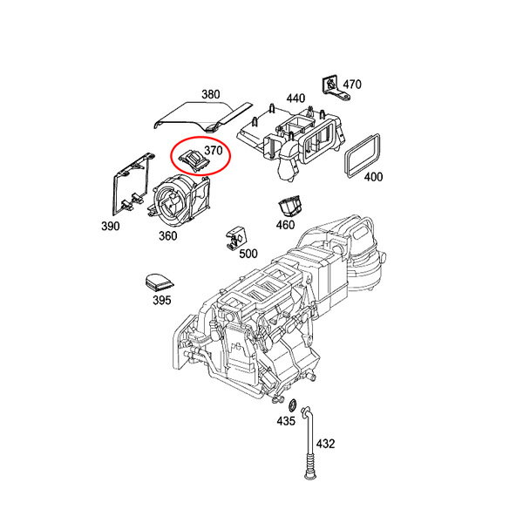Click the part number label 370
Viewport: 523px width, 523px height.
(x=214, y=151)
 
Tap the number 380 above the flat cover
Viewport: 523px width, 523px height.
(x=211, y=94)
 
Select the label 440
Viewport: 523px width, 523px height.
(x=295, y=98)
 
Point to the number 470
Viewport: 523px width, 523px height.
(x=352, y=85)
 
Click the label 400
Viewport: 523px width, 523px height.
(x=373, y=176)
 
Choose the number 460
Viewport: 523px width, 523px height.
(x=285, y=225)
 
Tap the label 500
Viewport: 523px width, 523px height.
(x=248, y=254)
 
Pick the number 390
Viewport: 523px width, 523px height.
(x=111, y=226)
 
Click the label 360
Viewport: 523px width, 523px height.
(x=167, y=236)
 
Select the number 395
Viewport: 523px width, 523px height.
(x=162, y=300)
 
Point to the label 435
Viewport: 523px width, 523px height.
(x=286, y=421)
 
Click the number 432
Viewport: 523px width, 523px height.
(x=325, y=444)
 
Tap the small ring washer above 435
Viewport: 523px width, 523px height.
(x=293, y=405)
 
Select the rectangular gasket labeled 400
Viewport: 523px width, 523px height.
(x=363, y=156)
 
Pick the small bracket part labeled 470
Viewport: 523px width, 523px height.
(x=336, y=88)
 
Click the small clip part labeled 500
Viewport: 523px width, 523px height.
(x=235, y=238)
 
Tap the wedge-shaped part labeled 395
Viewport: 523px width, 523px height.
(x=159, y=282)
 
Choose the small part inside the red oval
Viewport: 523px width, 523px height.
(x=194, y=160)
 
